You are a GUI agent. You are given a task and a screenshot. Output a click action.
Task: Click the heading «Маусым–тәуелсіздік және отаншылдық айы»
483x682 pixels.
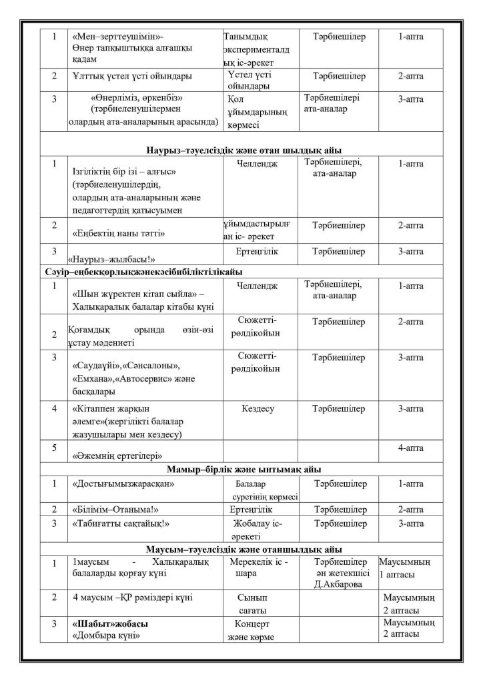coord(244,549)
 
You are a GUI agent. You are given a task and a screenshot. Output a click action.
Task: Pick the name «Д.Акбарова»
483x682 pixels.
coord(340,585)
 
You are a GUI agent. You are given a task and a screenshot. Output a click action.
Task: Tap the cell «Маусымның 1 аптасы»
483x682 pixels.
coord(409,567)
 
